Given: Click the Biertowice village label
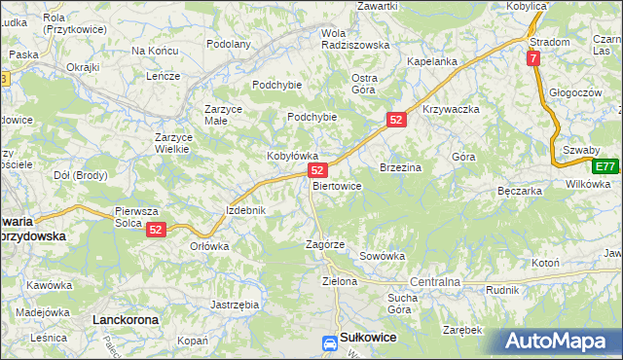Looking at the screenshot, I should [x=338, y=186].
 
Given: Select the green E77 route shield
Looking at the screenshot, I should [x=605, y=165].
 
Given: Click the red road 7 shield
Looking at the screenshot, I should [x=533, y=59].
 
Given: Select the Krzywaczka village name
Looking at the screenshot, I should [x=452, y=110].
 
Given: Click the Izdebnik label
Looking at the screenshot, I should [x=246, y=210].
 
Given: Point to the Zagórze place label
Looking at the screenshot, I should [x=325, y=244].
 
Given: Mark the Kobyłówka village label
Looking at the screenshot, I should [x=293, y=156].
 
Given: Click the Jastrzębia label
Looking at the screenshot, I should [x=235, y=305].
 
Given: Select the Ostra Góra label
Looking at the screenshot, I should [x=364, y=83].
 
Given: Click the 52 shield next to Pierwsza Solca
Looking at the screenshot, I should [x=157, y=230].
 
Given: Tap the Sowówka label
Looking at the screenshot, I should [x=382, y=256].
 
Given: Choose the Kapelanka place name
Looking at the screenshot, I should [x=432, y=61].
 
